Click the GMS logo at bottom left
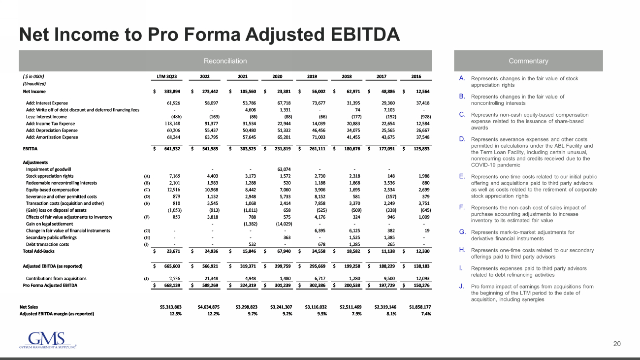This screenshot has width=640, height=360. pos(47,340)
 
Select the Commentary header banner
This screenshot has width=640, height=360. pos(528,61)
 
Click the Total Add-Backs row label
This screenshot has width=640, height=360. pos(37,251)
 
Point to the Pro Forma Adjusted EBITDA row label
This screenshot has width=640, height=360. pos(51,285)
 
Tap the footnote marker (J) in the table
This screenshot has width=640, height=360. pos(146,279)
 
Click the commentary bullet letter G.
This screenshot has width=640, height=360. pos(462,231)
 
